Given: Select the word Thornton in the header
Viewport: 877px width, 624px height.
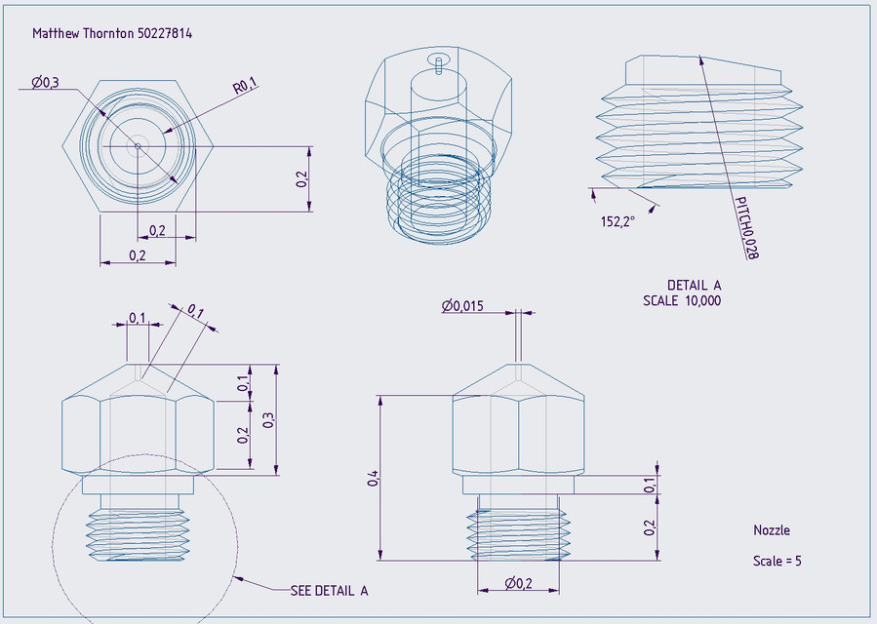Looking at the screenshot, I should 107,33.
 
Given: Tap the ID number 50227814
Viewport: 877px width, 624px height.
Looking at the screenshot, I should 165,33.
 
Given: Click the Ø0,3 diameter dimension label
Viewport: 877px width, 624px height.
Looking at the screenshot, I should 45,83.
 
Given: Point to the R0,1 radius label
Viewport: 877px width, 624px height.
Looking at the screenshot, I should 244,88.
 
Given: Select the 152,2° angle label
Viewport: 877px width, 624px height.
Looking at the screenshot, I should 618,222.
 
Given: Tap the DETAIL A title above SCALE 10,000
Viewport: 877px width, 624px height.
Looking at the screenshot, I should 694,286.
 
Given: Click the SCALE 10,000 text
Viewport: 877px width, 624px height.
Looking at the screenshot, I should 682,301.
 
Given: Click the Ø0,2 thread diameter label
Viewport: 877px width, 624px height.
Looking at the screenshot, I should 518,583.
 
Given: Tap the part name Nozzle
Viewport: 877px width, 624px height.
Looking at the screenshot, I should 771,530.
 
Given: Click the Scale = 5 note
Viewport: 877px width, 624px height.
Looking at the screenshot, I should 777,562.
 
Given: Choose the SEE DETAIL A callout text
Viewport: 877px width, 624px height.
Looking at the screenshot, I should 329,591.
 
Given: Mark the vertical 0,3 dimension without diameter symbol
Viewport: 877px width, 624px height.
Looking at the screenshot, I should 268,419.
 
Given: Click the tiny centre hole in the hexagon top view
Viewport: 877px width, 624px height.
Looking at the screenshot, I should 138,146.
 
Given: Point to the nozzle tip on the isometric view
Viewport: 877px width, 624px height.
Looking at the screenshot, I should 440,66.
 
